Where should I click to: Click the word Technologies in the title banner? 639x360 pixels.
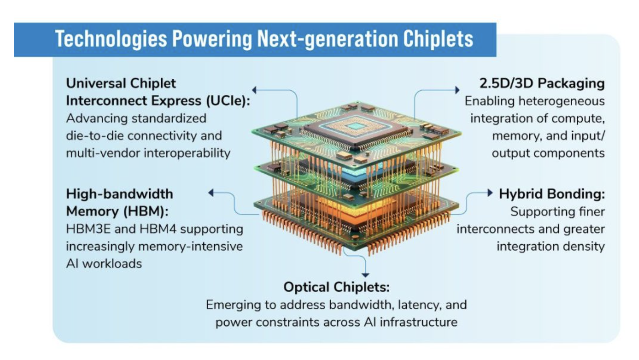(111, 39)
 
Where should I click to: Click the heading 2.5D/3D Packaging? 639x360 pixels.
(542, 84)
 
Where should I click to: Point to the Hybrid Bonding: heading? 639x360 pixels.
(552, 194)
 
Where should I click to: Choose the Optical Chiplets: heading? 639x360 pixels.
(337, 287)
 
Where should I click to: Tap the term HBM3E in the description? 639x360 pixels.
(88, 229)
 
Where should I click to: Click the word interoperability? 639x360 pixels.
(187, 153)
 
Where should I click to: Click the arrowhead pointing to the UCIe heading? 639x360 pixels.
(254, 90)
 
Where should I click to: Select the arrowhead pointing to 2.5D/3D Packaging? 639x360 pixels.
(457, 90)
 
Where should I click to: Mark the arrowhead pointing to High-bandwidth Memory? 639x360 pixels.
(211, 193)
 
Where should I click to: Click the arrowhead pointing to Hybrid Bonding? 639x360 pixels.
(490, 193)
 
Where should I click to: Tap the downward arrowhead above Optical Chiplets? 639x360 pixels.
(365, 275)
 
